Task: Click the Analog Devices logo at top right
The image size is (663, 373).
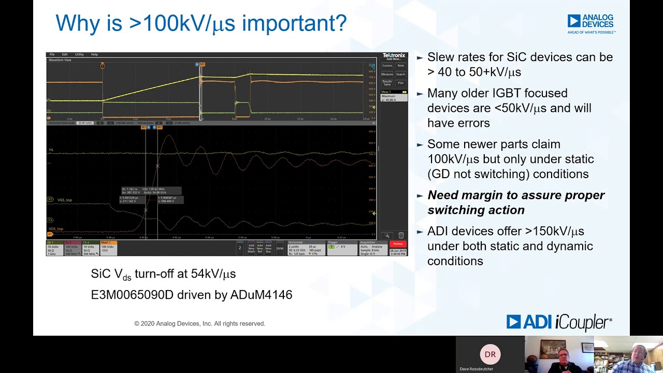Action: (x=590, y=23)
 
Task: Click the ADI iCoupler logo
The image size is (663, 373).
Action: (x=559, y=322)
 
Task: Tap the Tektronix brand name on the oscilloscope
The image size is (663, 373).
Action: (x=394, y=55)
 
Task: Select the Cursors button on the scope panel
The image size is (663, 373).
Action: (x=387, y=66)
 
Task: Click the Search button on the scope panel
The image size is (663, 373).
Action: (x=400, y=74)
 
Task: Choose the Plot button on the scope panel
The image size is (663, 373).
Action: (x=400, y=83)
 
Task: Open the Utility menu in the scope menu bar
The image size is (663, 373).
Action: (x=79, y=54)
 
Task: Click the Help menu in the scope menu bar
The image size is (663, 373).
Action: (x=94, y=54)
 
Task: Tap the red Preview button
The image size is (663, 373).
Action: (x=398, y=244)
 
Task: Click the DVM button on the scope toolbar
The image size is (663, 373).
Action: (x=280, y=248)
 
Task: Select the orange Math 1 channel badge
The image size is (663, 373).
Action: (x=108, y=248)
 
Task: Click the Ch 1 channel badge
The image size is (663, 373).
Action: (x=54, y=248)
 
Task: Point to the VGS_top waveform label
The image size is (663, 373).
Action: (x=65, y=200)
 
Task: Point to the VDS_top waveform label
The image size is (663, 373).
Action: (x=56, y=228)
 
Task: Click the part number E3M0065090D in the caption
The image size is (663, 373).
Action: (x=132, y=295)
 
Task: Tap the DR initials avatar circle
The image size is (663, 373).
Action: (x=490, y=354)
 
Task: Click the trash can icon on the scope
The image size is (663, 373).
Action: (x=401, y=236)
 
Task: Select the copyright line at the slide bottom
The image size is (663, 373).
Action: (x=199, y=323)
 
